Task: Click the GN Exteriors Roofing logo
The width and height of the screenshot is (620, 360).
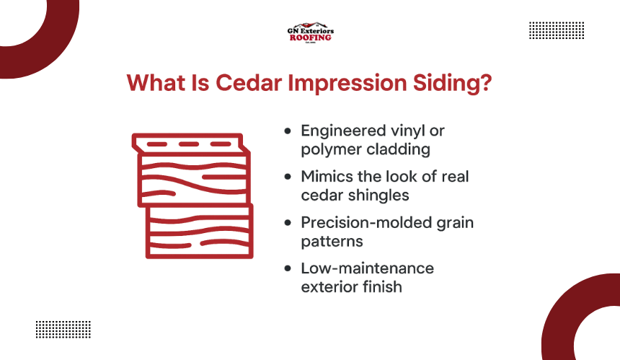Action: tap(311, 32)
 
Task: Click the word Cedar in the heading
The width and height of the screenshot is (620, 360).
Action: tap(249, 83)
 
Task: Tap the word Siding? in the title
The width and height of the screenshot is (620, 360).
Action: tap(452, 84)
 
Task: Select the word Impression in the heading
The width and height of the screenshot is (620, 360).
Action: tap(347, 84)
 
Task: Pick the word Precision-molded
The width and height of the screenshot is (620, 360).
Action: tap(366, 223)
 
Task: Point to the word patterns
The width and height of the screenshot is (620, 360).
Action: tap(332, 242)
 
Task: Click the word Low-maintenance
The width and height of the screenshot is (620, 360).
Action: tap(368, 268)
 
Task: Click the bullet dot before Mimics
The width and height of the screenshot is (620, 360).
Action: tap(288, 177)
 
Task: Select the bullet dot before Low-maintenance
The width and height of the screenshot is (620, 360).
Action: tap(288, 268)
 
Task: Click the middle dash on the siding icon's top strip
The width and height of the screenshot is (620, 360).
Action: tap(189, 144)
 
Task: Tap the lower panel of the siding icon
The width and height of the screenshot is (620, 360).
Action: tap(199, 231)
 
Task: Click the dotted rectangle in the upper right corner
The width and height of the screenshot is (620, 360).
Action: tap(557, 30)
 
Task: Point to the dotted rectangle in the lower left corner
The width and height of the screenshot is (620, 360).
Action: tap(63, 330)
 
